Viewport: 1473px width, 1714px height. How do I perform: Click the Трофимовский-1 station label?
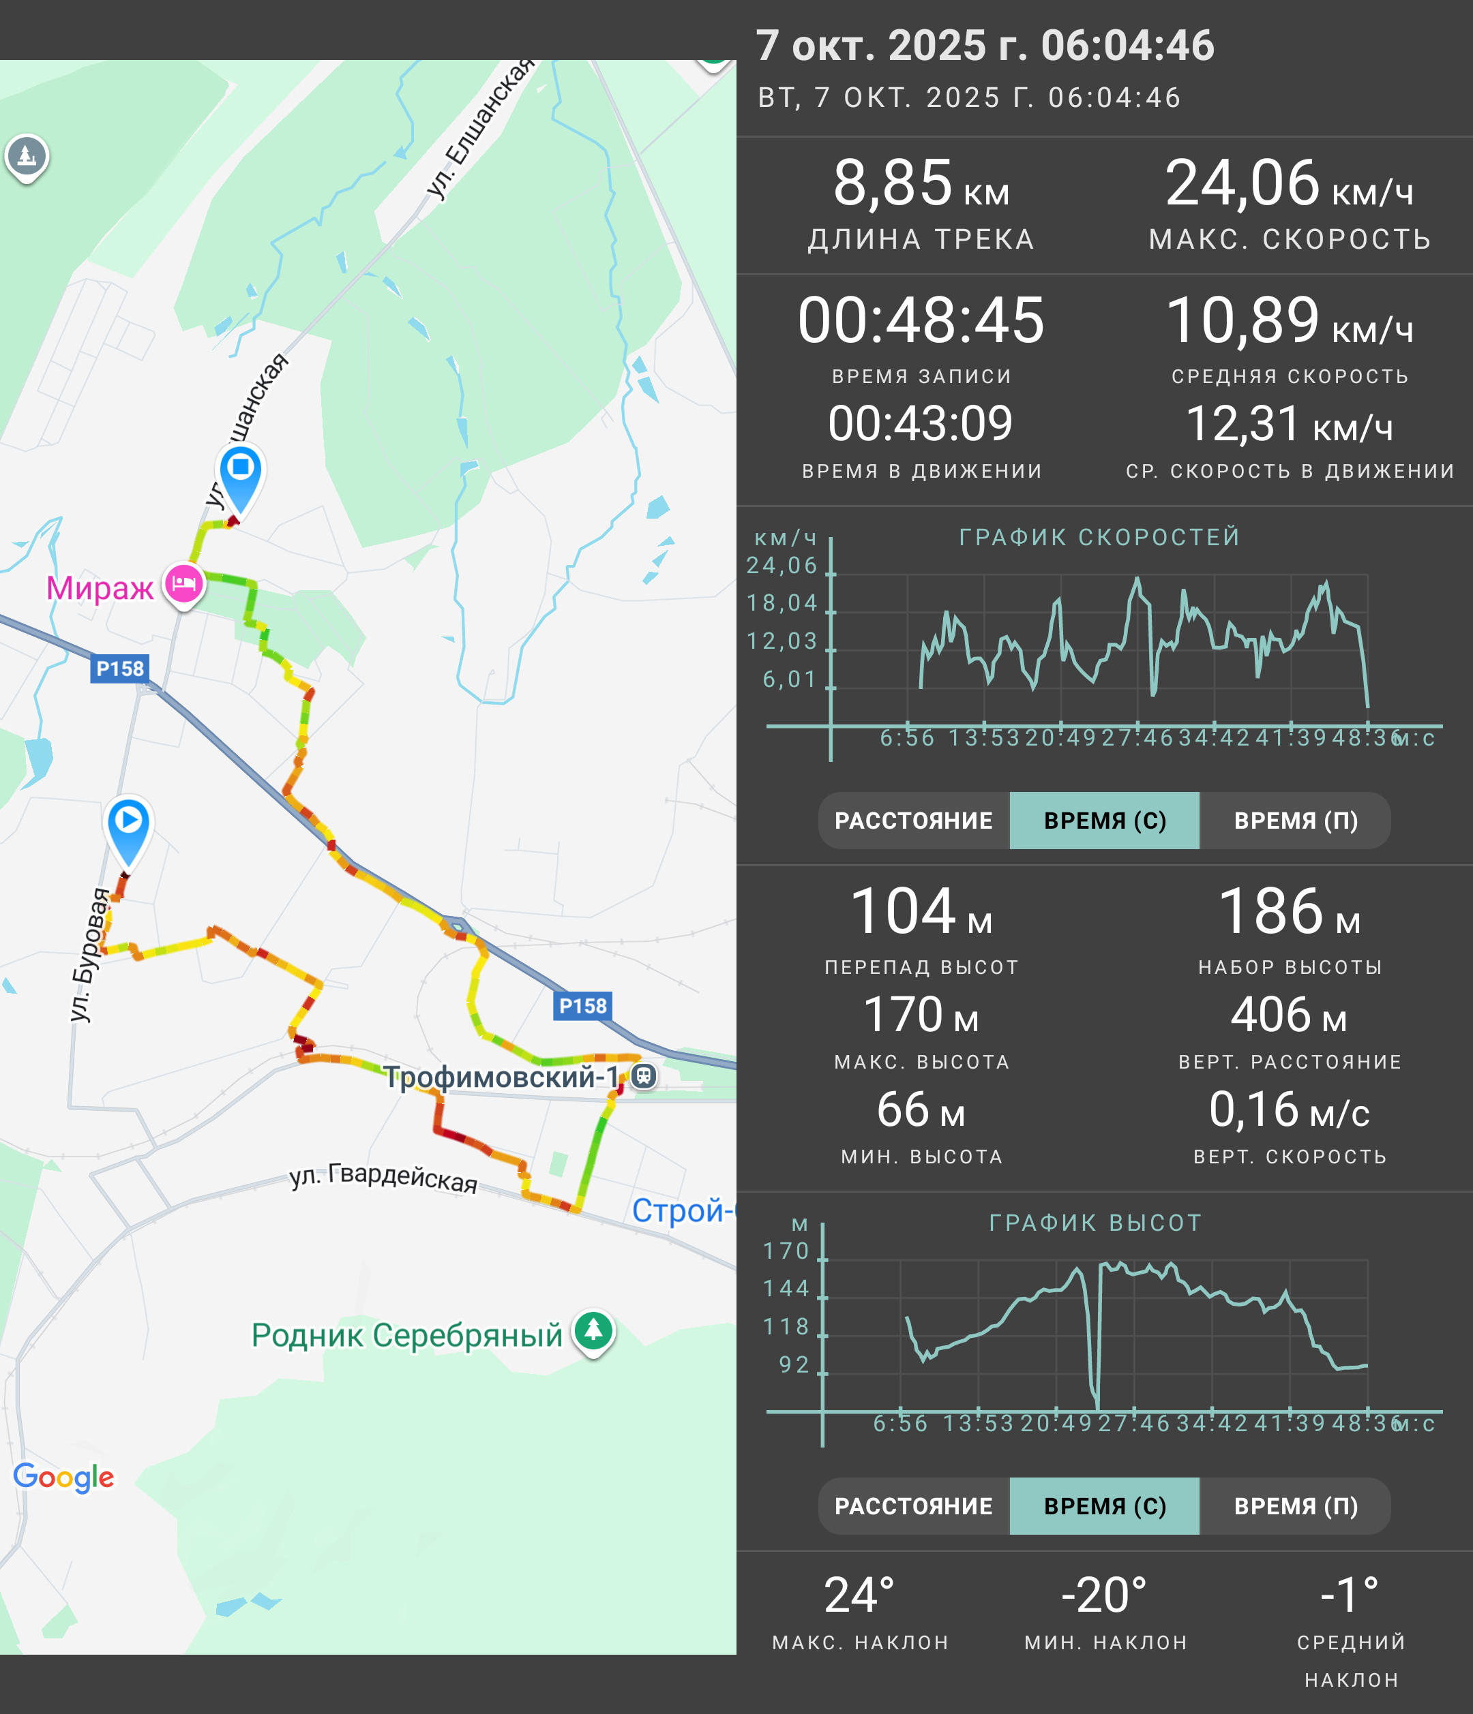click(x=501, y=1077)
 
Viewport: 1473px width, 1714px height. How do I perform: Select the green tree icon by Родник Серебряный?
click(x=593, y=1332)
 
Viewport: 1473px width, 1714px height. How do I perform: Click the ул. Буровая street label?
click(x=89, y=955)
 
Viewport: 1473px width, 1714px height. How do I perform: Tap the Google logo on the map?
click(x=63, y=1477)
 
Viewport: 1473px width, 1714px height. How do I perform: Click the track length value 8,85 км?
click(x=921, y=183)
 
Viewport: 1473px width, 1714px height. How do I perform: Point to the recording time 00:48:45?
click(x=921, y=320)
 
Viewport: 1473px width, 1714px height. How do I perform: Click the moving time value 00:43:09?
click(x=921, y=423)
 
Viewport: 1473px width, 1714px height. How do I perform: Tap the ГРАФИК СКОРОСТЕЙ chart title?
click(x=1100, y=537)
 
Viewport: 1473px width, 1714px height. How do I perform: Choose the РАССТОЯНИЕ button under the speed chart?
click(x=914, y=821)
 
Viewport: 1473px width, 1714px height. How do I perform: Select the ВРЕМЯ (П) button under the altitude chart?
click(x=1296, y=1506)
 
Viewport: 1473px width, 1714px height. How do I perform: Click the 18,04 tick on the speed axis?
click(x=782, y=603)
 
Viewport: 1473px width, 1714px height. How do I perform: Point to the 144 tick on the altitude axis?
click(x=786, y=1288)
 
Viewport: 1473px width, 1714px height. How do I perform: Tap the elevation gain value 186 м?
click(x=1290, y=912)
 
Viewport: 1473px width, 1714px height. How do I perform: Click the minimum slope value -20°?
click(x=1105, y=1595)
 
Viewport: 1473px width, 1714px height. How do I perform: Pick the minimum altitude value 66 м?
click(x=921, y=1110)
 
